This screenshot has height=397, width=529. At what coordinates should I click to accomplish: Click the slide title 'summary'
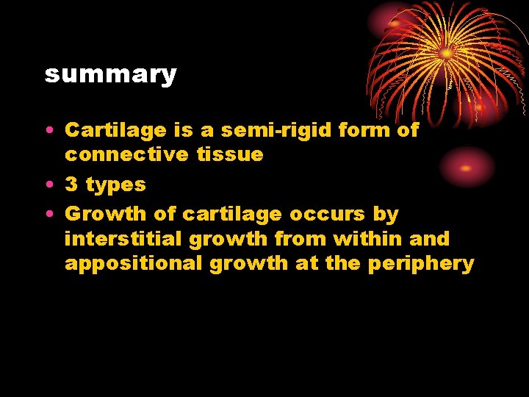[x=110, y=74]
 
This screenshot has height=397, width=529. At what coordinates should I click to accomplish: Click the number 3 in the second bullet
[x=71, y=185]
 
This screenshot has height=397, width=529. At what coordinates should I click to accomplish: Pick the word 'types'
[x=116, y=185]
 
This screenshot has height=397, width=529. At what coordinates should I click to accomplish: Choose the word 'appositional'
[x=133, y=264]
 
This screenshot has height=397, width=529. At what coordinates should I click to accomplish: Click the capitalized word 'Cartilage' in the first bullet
[x=116, y=130]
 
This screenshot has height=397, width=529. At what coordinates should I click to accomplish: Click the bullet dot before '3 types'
[x=48, y=185]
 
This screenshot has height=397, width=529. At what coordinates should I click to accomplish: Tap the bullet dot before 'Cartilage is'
[x=48, y=131]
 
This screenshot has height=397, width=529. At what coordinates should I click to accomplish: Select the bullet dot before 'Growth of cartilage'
[x=48, y=215]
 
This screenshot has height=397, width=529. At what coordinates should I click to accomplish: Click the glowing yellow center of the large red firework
[x=446, y=53]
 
